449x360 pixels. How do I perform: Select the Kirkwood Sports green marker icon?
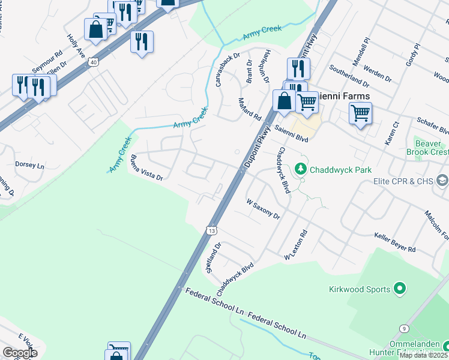tap(400, 290)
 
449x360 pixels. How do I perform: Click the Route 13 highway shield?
tap(211, 230)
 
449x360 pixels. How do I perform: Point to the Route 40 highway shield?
tap(92, 62)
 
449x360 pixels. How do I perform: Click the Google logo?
tap(20, 353)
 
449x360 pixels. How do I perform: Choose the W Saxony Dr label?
tap(264, 209)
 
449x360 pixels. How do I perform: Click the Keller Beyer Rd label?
tap(394, 243)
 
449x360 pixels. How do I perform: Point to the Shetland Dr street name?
tap(214, 257)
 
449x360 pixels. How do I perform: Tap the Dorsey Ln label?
tap(30, 165)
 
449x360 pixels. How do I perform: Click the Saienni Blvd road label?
tap(291, 133)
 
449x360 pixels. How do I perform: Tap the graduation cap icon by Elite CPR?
tap(442, 181)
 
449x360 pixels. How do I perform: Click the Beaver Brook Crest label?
tap(431, 148)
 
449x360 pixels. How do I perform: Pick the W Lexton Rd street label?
tap(296, 246)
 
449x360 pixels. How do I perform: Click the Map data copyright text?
tap(424, 355)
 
